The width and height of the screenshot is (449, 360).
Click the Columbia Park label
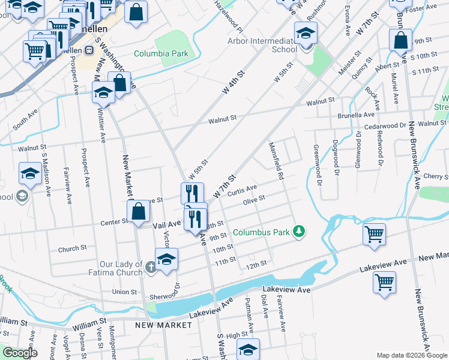click(x=161, y=54)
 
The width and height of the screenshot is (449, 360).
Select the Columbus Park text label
click(x=261, y=232)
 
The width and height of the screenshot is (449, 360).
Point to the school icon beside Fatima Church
click(x=166, y=259)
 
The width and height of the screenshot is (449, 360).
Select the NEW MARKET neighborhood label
click(x=163, y=325)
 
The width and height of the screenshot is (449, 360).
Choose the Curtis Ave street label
click(x=243, y=190)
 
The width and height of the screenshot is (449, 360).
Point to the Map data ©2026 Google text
click(x=411, y=355)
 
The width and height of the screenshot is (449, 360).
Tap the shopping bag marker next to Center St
click(x=139, y=212)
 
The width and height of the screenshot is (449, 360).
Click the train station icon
click(x=88, y=50)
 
